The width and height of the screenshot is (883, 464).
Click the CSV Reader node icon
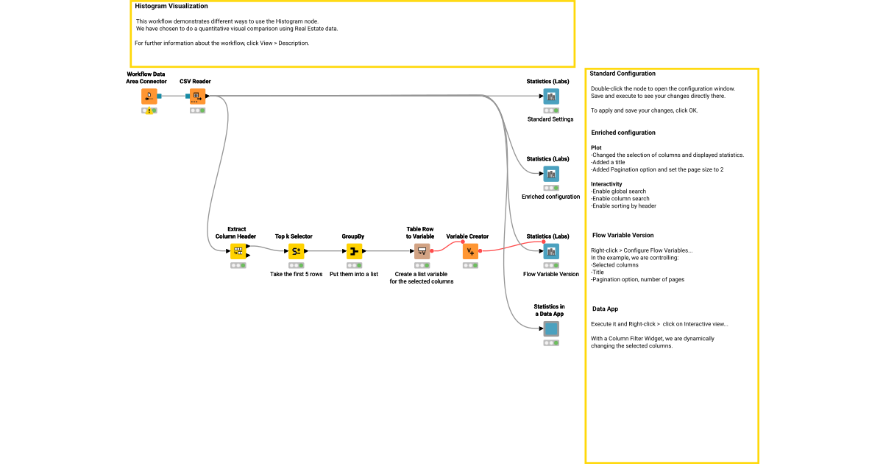click(x=197, y=96)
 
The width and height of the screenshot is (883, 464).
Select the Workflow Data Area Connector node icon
click(x=149, y=96)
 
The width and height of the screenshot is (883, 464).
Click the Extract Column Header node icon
click(x=238, y=251)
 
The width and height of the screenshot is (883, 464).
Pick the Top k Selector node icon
click(x=296, y=251)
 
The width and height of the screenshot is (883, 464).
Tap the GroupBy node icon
click(x=354, y=251)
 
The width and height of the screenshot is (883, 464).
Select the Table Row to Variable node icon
click(x=422, y=251)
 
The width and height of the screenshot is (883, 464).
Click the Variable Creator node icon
click(x=470, y=251)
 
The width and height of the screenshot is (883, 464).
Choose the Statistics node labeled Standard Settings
click(x=550, y=96)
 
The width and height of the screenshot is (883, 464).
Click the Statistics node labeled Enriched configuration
click(x=550, y=174)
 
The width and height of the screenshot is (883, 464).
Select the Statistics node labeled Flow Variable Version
click(x=550, y=251)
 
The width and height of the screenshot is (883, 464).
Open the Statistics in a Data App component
click(x=550, y=328)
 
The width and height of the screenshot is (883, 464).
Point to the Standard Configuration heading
click(x=623, y=74)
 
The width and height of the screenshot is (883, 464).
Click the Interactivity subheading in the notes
click(x=606, y=184)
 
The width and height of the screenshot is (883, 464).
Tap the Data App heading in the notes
click(x=605, y=309)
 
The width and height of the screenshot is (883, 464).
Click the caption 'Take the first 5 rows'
click(x=296, y=274)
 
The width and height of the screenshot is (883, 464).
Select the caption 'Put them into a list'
click(x=354, y=274)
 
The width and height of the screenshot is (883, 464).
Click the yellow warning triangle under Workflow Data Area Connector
click(x=149, y=111)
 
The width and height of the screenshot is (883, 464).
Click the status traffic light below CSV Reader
click(x=197, y=110)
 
